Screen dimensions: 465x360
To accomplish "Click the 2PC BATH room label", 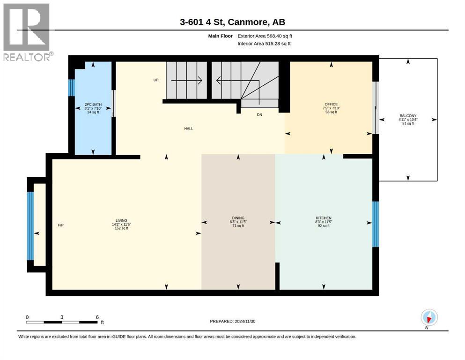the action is click(93, 105).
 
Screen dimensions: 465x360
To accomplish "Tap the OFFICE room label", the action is click(331, 104).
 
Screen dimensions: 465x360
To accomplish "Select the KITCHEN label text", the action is click(324, 218).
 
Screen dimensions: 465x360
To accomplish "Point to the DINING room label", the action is click(238, 218).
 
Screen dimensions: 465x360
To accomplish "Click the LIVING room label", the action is click(121, 220).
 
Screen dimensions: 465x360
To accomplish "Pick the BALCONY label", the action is click(408, 116).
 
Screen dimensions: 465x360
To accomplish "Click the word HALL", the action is click(189, 128).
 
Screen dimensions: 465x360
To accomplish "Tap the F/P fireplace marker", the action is click(61, 225).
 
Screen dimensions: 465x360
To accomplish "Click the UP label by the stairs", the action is click(155, 80).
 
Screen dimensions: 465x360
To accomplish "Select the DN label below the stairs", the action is click(259, 114).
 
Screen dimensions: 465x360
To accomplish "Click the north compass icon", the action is click(429, 318).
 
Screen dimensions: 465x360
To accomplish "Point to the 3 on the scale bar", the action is click(62, 317).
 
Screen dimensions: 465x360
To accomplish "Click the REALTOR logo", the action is click(27, 32).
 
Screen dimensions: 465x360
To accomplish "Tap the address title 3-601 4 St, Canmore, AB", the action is click(232, 22).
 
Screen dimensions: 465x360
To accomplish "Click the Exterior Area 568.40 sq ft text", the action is click(265, 36).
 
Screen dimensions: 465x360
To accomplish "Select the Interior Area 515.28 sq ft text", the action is click(264, 44).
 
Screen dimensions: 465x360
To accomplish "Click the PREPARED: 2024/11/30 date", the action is click(232, 321).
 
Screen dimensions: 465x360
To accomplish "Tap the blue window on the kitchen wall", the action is click(376, 224).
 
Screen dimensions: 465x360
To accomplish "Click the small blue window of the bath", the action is click(71, 88).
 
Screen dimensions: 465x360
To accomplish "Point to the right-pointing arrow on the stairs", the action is click(187, 80).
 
